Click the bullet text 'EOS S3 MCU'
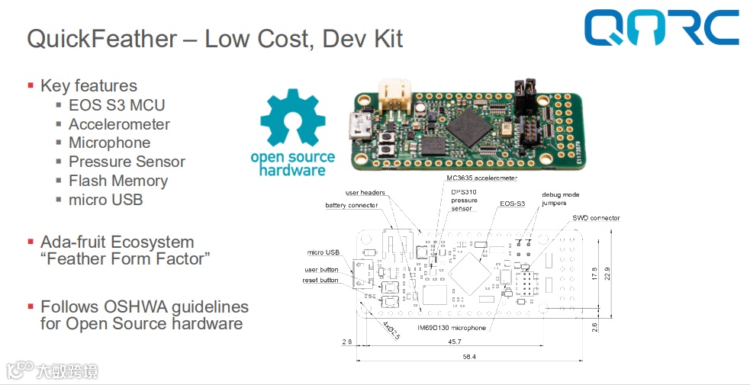(117, 105)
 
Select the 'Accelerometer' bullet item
(119, 124)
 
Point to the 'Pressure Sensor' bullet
(127, 162)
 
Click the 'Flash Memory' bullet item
(118, 181)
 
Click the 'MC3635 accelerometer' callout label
(481, 178)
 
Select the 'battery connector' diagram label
(351, 205)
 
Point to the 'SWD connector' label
(596, 218)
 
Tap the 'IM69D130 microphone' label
(452, 328)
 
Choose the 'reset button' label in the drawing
(320, 281)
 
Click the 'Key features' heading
(89, 85)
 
